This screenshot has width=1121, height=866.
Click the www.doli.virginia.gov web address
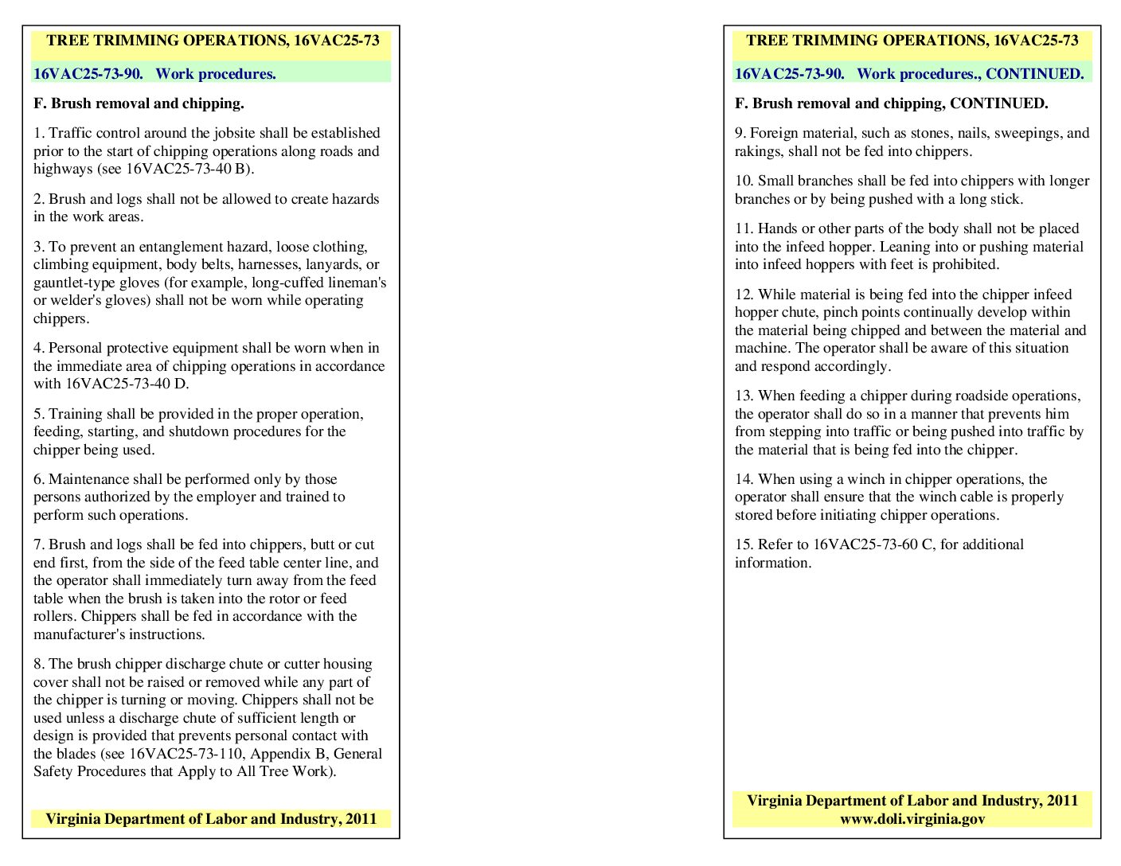912,819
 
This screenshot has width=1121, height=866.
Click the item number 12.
743,295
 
